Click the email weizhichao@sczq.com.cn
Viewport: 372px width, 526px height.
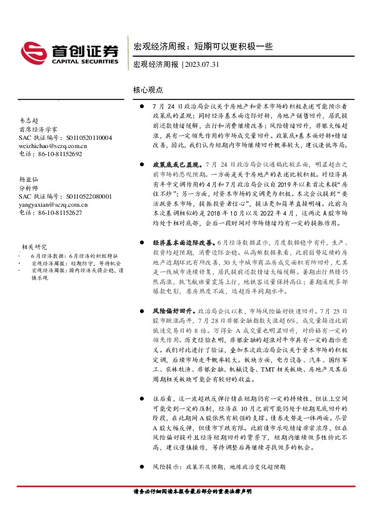tap(53, 145)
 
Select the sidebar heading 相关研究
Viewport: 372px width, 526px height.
tap(33, 247)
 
